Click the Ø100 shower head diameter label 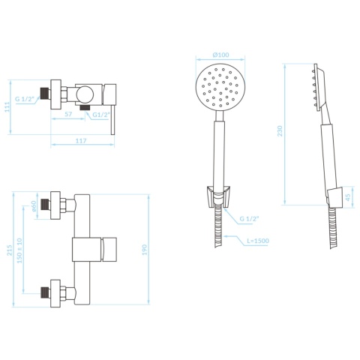220,55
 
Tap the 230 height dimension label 280,131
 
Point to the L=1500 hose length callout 257,241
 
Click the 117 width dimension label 81,141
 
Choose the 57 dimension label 68,115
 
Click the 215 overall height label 9,250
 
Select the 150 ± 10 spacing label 19,250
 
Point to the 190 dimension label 145,250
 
